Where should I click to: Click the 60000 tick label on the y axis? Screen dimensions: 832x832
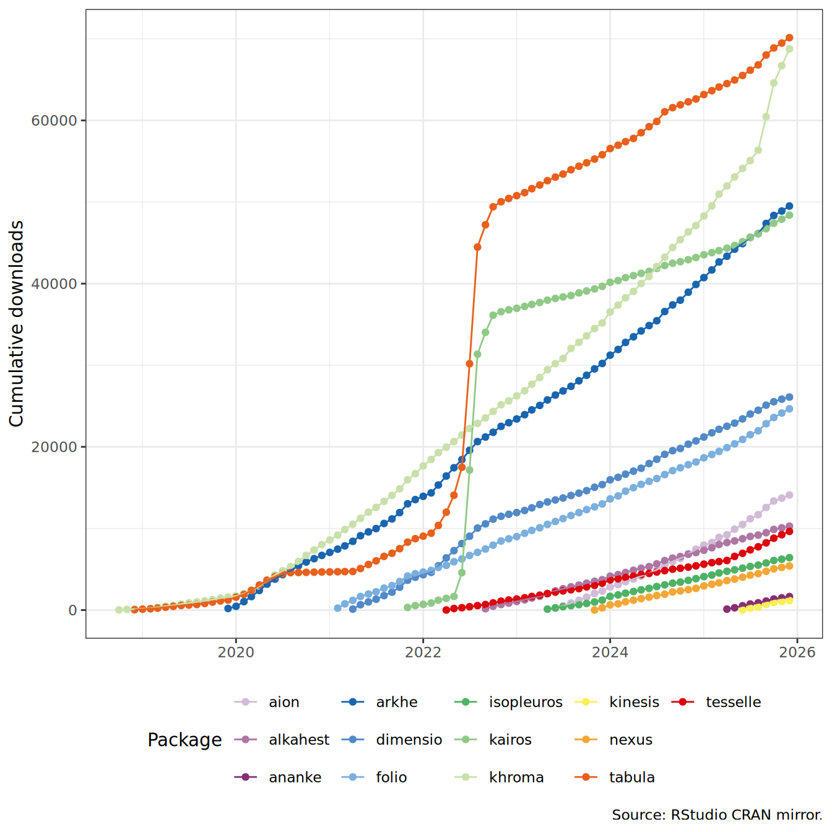[54, 121]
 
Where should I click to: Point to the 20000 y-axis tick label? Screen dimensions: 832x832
[54, 447]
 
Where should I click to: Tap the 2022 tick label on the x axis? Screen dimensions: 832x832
[423, 652]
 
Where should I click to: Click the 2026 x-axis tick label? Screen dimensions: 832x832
[797, 652]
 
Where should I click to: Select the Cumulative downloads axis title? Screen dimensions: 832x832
[17, 323]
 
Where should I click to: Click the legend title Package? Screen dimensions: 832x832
[184, 740]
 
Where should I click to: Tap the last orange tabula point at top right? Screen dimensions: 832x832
[789, 38]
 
